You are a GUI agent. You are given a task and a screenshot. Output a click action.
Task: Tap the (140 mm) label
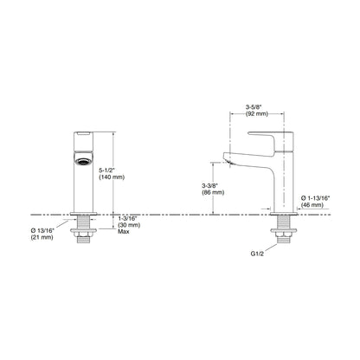[112, 177]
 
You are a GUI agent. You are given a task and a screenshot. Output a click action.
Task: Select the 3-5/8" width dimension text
[254, 107]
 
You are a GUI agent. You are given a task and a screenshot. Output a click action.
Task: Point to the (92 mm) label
[257, 114]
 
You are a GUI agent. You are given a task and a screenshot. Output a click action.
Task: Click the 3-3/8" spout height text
[209, 185]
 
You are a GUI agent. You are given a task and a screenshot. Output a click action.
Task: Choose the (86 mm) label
[213, 192]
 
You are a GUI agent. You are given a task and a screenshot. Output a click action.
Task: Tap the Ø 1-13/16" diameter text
[315, 198]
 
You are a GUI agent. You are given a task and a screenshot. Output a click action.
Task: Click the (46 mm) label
[312, 205]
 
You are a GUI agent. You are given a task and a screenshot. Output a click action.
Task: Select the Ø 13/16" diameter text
[42, 230]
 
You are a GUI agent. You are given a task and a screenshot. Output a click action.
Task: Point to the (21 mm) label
[42, 237]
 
